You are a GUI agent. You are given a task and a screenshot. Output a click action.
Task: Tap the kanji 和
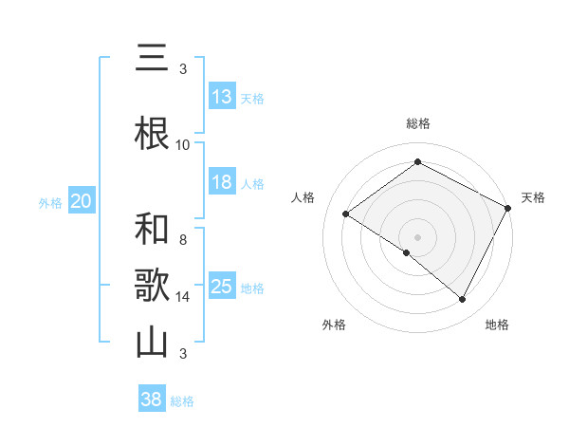pyautogui.click(x=152, y=230)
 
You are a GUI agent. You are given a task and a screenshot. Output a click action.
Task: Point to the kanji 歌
pyautogui.click(x=152, y=286)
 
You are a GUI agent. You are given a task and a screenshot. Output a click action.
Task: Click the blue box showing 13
pyautogui.click(x=222, y=97)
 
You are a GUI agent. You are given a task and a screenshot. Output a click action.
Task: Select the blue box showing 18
pyautogui.click(x=222, y=182)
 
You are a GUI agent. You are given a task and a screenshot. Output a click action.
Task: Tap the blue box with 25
pyautogui.click(x=222, y=287)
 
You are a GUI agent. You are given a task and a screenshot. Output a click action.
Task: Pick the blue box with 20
pyautogui.click(x=82, y=201)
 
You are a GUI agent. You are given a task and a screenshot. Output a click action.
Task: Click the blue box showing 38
pyautogui.click(x=152, y=400)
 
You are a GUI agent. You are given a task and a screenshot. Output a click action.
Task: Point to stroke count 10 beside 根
pyautogui.click(x=183, y=144)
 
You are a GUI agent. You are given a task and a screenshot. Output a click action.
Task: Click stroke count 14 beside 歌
pyautogui.click(x=183, y=296)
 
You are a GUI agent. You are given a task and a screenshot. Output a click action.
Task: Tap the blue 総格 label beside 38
pyautogui.click(x=182, y=401)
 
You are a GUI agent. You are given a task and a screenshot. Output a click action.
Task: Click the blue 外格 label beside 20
pyautogui.click(x=50, y=202)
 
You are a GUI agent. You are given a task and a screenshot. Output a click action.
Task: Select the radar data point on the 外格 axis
pyautogui.click(x=407, y=253)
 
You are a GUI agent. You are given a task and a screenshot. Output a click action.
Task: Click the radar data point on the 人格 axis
pyautogui.click(x=346, y=214)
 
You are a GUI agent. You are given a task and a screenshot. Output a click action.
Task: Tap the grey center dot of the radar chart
pyautogui.click(x=417, y=236)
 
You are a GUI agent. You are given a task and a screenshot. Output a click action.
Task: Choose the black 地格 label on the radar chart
pyautogui.click(x=497, y=325)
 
